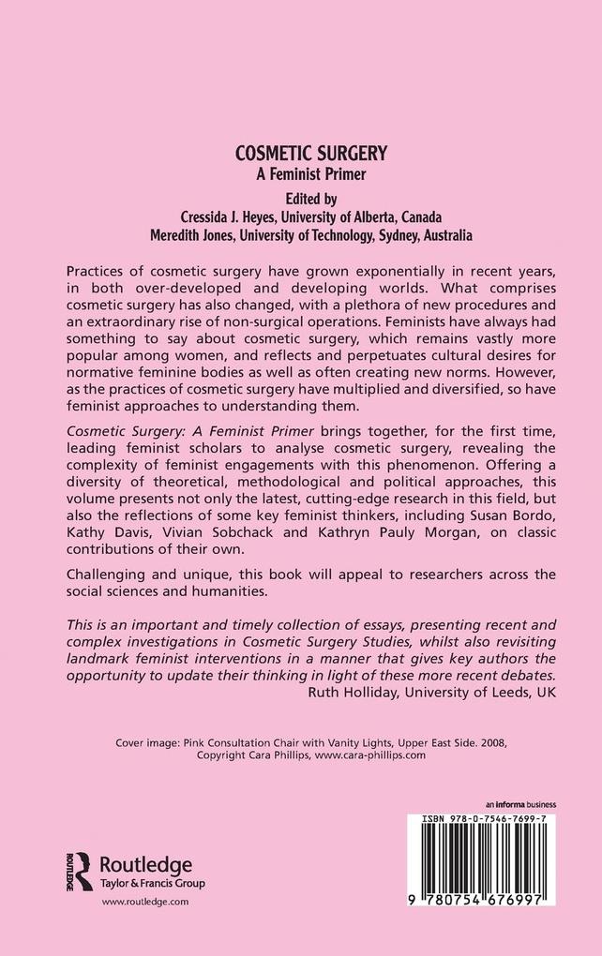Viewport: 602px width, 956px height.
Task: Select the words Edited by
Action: [x=300, y=199]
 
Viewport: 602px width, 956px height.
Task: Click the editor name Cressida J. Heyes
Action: [x=218, y=217]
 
